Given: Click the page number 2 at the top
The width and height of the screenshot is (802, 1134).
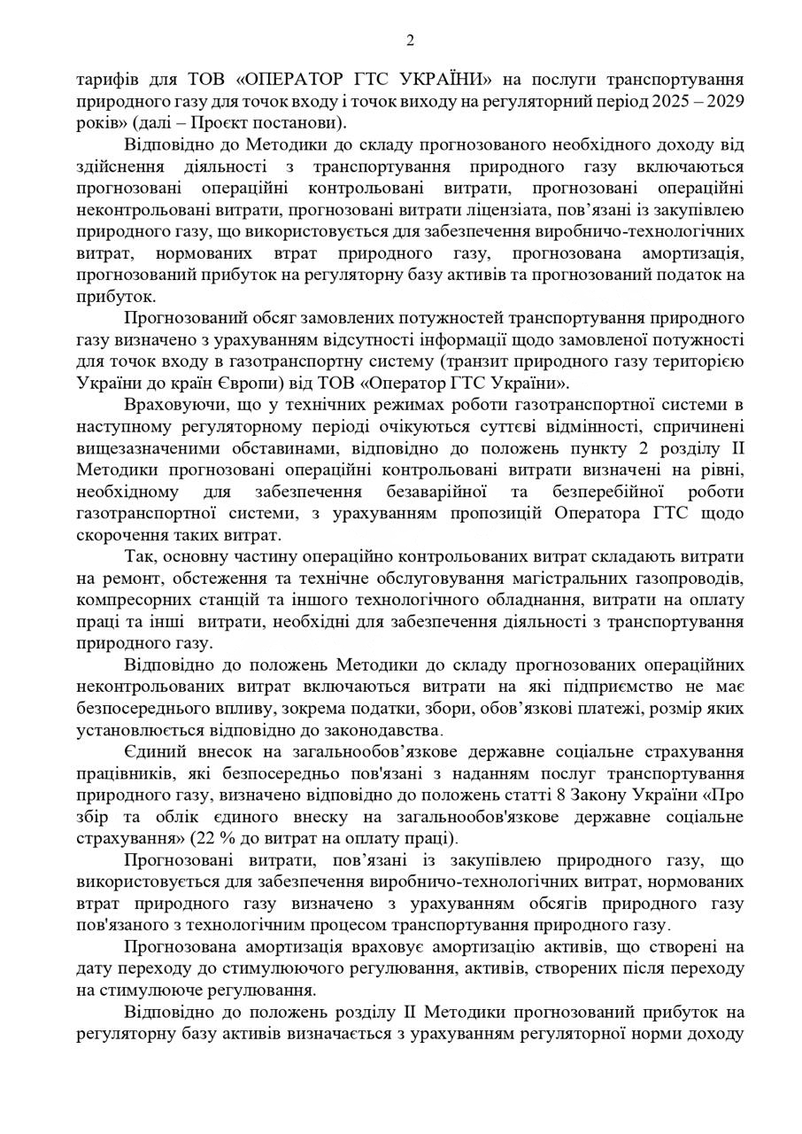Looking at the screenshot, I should tap(410, 40).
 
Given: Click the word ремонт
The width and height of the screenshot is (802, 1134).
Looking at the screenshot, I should tap(135, 579).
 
